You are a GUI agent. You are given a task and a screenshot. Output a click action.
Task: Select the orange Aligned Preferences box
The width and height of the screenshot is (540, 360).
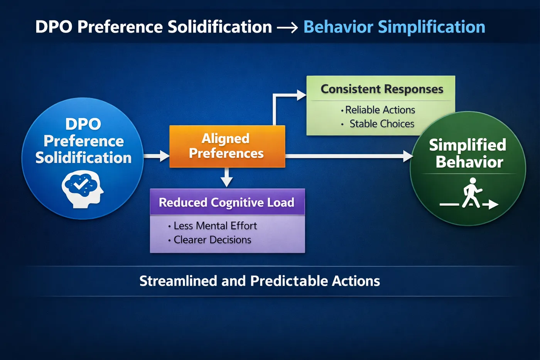(227, 146)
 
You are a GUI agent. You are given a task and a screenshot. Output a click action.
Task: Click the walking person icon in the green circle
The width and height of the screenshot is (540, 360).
(469, 193)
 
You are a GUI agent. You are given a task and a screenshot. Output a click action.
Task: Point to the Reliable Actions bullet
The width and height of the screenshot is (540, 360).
(378, 110)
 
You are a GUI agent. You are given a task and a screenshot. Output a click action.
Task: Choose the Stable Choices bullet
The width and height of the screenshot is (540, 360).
(378, 124)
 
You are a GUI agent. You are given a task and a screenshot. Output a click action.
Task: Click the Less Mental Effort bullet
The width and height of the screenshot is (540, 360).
(213, 226)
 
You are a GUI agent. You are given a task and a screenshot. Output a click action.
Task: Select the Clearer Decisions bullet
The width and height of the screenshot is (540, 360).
(209, 240)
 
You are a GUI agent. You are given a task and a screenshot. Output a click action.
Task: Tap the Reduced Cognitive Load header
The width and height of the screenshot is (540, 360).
(227, 202)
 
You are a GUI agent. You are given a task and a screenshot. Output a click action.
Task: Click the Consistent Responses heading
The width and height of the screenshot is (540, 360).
(382, 89)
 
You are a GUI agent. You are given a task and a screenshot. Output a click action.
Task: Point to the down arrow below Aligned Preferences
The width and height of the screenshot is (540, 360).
(227, 177)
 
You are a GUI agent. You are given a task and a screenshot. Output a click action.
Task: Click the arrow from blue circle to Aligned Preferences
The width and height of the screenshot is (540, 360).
(157, 156)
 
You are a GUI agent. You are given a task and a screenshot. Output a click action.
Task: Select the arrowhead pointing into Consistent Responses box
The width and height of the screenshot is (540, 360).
(302, 95)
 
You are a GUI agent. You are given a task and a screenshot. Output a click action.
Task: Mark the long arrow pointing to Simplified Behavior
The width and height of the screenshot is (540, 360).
(349, 156)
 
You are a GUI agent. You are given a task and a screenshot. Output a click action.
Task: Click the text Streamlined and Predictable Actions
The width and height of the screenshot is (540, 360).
(260, 281)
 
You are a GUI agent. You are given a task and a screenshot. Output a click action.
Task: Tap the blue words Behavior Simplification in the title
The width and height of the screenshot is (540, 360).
(394, 27)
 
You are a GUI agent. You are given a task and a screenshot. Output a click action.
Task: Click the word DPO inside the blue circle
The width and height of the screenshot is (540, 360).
(83, 124)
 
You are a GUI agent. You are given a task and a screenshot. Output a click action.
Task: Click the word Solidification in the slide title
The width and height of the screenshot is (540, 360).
(220, 27)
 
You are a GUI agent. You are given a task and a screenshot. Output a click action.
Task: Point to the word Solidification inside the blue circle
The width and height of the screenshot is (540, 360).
(83, 158)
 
